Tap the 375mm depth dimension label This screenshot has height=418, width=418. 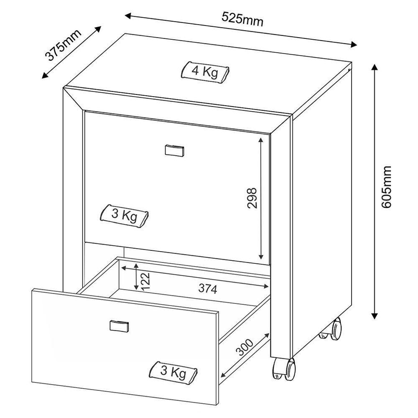tap(63, 45)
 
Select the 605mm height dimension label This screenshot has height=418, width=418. tap(386, 186)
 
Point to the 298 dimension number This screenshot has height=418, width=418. tap(252, 198)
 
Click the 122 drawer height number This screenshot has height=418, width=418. tap(146, 281)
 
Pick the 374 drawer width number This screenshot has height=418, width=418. tap(208, 288)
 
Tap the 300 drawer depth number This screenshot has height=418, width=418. tap(244, 347)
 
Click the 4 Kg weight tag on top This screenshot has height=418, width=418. tap(205, 72)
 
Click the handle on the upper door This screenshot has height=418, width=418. tap(174, 150)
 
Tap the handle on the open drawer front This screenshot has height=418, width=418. tap(119, 326)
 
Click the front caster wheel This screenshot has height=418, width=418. tap(284, 369)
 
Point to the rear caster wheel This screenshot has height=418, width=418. tap(332, 329)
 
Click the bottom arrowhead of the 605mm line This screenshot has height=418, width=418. tap(375, 316)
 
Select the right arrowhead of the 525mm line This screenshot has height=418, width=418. tap(354, 44)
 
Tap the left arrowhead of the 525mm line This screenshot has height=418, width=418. tap(128, 16)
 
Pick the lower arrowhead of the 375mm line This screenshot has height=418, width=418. tap(45, 76)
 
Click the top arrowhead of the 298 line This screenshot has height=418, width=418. tap(261, 140)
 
